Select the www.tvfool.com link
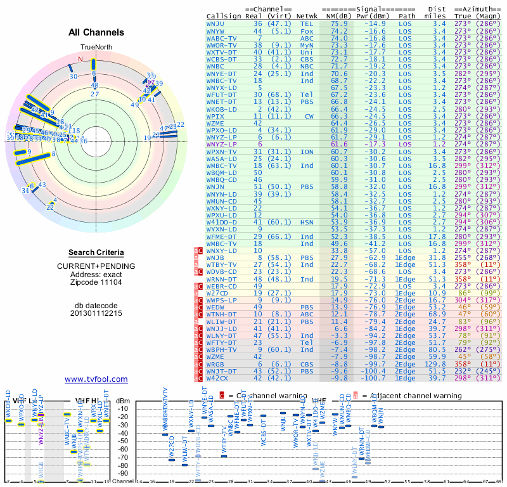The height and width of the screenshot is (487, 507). (x=96, y=379)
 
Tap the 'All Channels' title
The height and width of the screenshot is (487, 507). (x=96, y=32)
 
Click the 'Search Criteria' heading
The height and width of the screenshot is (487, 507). (x=96, y=252)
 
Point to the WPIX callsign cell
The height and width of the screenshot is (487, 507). (x=217, y=117)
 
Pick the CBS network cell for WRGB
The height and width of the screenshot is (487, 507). (x=307, y=364)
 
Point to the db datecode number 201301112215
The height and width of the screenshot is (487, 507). (x=96, y=313)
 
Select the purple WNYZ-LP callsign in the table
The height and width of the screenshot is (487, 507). (x=221, y=145)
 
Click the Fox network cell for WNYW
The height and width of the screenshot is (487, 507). (x=307, y=30)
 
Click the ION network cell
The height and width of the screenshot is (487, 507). (x=307, y=152)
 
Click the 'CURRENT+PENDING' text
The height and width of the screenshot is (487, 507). (x=96, y=266)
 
